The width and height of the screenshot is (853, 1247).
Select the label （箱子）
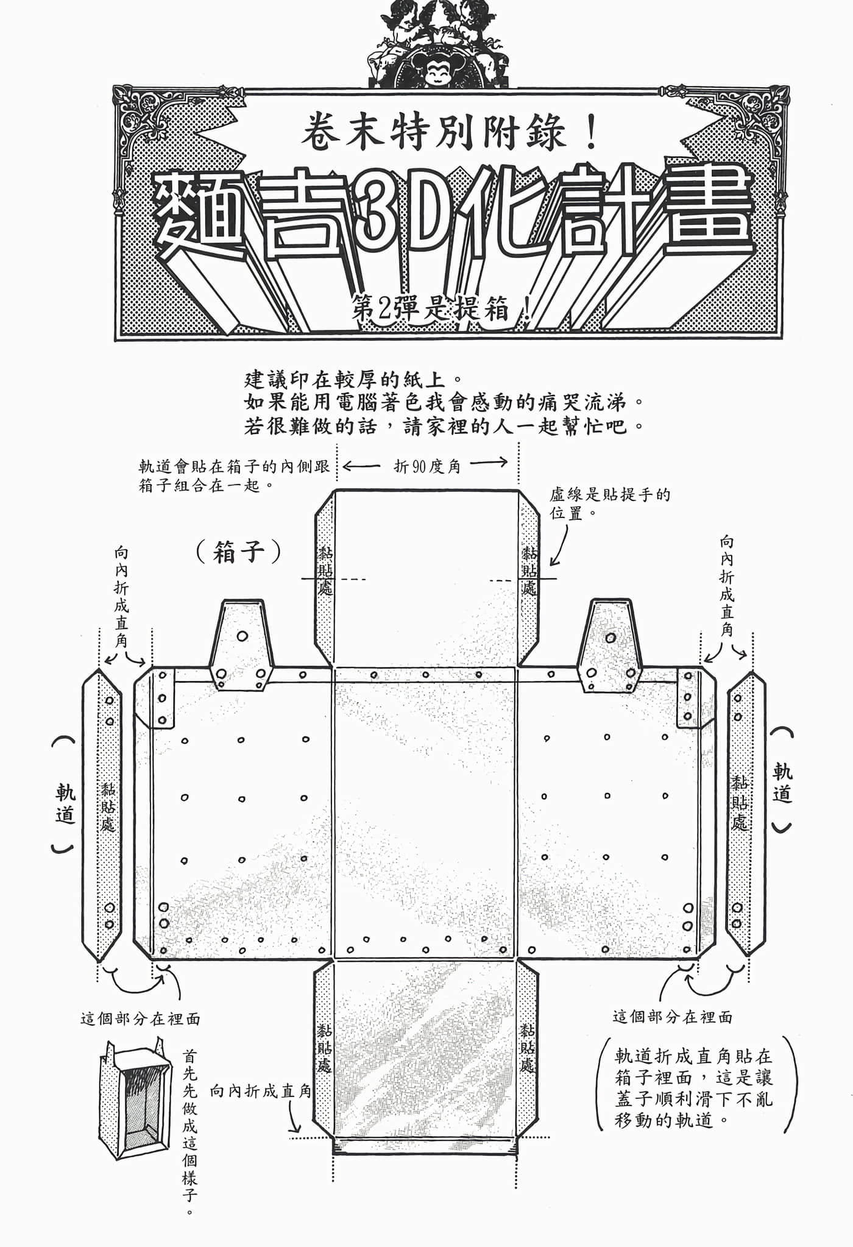238,552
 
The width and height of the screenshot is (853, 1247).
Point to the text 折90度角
427,466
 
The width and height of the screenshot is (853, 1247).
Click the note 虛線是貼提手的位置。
610,503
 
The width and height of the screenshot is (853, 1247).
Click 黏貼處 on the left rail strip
108,807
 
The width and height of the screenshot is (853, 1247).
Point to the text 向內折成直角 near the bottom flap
261,1091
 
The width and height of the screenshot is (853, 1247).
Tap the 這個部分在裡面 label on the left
140,1018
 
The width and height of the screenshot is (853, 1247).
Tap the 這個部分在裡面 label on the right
673,1016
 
